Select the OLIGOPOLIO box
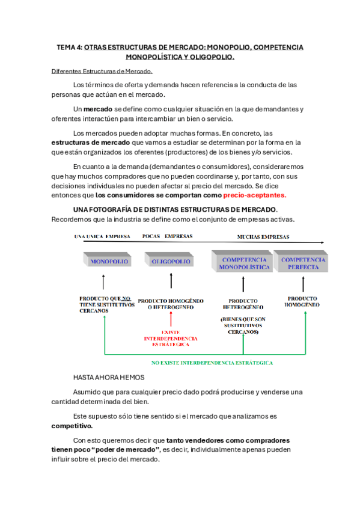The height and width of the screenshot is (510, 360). (x=171, y=262)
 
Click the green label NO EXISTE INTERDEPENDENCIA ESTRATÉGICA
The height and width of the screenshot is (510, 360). (x=212, y=363)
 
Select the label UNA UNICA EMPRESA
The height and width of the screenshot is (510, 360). (x=101, y=236)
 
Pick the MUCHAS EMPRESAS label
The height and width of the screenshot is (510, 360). (x=263, y=236)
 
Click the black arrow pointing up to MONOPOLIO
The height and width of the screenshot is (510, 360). (x=104, y=283)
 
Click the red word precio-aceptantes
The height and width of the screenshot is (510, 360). (x=254, y=195)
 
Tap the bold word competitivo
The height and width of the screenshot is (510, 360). (x=72, y=425)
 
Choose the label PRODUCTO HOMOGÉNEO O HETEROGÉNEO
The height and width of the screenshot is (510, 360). (x=171, y=304)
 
